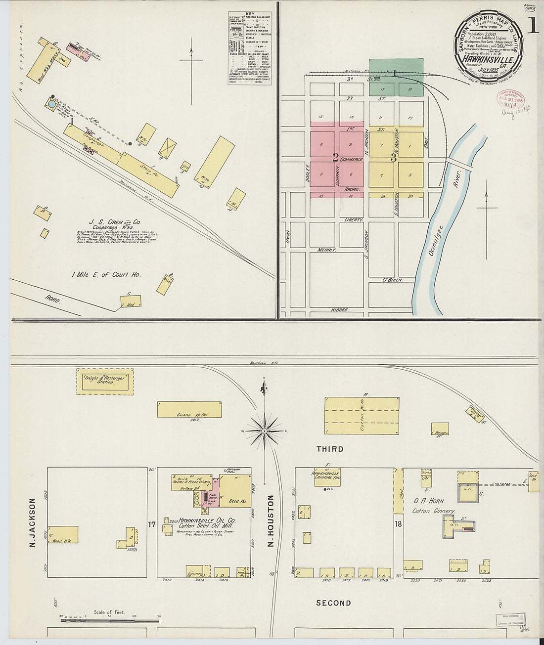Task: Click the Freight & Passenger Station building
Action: (105, 382)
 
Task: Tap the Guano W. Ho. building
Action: (189, 410)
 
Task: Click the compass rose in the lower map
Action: (265, 430)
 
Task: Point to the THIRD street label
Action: (330, 449)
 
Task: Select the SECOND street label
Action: (333, 603)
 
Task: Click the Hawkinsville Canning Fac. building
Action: (326, 476)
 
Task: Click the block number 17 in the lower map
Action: (152, 524)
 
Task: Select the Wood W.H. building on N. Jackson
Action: (63, 535)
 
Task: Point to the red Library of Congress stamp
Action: (510, 99)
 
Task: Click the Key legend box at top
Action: (250, 48)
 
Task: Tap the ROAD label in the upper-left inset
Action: (52, 299)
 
